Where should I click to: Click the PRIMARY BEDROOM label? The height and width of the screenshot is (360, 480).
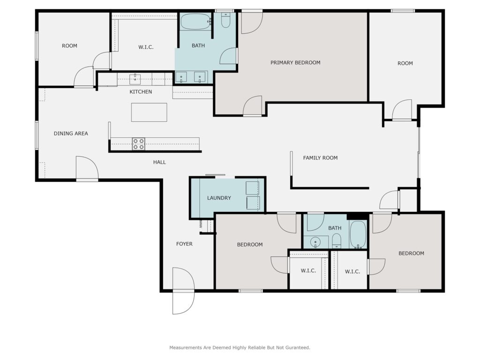(295, 62)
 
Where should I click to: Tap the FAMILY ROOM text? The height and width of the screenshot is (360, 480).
(320, 157)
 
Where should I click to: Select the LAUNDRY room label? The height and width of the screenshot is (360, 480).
(219, 198)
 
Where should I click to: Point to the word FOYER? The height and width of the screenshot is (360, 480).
(184, 244)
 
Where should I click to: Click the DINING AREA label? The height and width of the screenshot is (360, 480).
(71, 134)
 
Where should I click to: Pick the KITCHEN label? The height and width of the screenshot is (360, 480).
(141, 91)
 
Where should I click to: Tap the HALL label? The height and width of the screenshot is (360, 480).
(159, 162)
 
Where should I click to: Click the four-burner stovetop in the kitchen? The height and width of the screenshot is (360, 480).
(138, 144)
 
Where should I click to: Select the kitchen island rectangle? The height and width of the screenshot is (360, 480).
(149, 112)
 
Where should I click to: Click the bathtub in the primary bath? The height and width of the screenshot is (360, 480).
(196, 22)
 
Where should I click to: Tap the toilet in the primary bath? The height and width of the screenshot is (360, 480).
(225, 20)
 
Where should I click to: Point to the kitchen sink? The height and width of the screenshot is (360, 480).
(135, 79)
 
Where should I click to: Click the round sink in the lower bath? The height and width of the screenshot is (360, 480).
(315, 242)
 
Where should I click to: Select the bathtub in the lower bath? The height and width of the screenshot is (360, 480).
(358, 234)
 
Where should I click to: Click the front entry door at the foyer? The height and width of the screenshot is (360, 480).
(183, 291)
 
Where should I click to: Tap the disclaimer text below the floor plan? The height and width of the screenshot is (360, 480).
(240, 347)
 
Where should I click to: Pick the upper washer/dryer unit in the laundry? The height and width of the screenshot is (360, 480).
(252, 188)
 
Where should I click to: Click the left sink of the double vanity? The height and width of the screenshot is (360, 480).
(181, 77)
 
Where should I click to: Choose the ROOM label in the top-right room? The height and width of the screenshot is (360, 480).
(405, 63)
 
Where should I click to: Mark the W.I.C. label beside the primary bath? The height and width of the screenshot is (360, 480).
(146, 47)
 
